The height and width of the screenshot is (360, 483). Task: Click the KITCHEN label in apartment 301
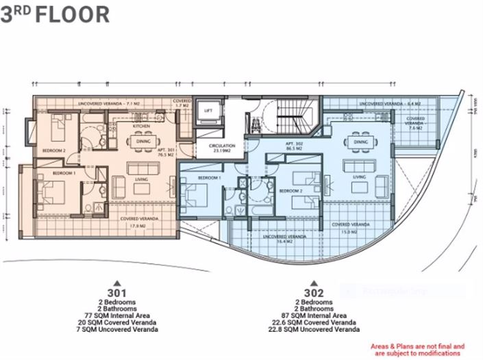(x=141, y=127)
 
